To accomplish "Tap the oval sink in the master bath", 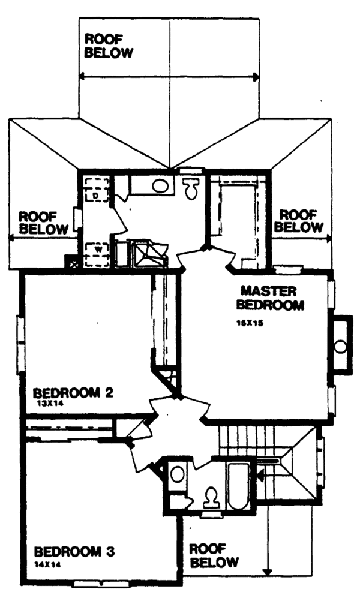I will [x=160, y=185].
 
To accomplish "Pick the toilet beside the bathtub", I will [x=211, y=497].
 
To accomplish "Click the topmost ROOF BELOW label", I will [x=108, y=46].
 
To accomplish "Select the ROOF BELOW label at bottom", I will [x=214, y=555].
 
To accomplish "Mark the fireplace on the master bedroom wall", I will [x=341, y=346].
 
